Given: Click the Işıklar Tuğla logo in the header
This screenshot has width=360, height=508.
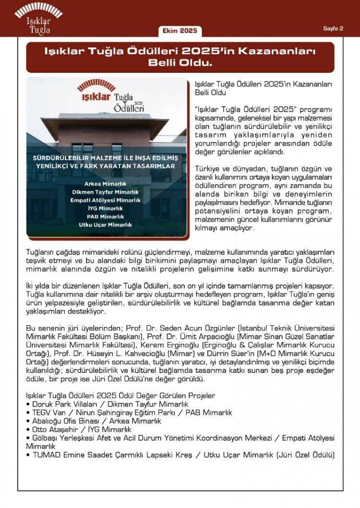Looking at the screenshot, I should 38,18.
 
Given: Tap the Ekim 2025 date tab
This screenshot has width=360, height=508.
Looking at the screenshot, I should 180,31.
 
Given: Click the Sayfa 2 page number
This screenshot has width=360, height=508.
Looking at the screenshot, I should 333,28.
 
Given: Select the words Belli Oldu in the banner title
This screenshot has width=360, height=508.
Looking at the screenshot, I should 180,63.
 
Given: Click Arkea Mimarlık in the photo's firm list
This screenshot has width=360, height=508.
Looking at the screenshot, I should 106,184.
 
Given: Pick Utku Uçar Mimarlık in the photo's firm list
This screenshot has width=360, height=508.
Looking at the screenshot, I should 106,224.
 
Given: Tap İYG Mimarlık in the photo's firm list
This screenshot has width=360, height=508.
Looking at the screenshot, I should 106,209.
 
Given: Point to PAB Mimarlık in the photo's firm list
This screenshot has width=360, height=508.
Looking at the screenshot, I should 106,217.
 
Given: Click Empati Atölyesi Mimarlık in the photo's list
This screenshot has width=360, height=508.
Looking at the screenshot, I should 106,201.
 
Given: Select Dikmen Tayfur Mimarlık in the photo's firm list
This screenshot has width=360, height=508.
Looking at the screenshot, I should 106,192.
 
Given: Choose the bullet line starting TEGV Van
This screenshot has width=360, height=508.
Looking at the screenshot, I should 129,413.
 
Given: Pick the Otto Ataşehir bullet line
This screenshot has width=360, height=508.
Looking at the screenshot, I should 79,429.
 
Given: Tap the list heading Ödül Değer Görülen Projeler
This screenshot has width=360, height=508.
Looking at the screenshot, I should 163,396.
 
